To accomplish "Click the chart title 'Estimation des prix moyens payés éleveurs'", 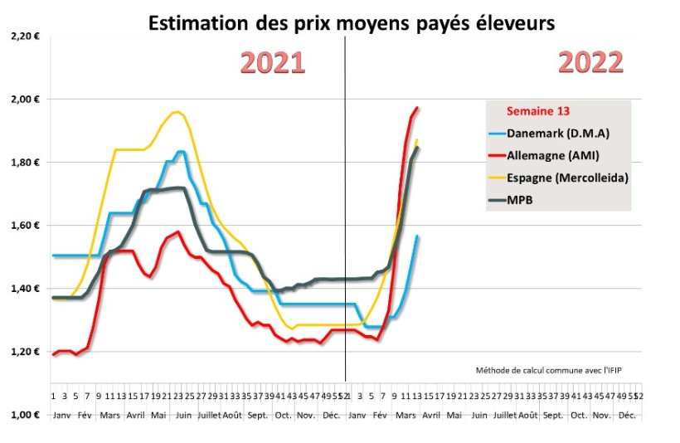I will click(351, 23).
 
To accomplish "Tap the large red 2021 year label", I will click(273, 63).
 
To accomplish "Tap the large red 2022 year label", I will click(590, 63).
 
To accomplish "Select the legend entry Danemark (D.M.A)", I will click(561, 133).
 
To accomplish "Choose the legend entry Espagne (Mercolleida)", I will click(568, 178).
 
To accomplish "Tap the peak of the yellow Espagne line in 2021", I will click(176, 112).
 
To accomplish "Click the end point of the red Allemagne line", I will click(417, 108).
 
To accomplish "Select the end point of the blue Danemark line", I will click(417, 236).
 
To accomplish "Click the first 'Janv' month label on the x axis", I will click(61, 414).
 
